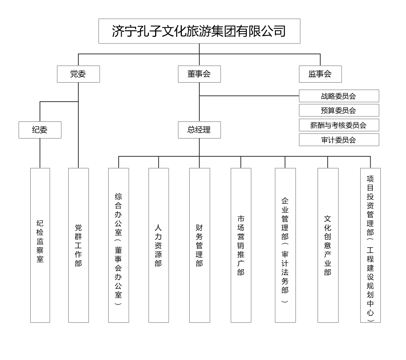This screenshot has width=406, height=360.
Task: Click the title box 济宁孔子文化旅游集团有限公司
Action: (199, 31)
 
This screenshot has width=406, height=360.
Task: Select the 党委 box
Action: (78, 74)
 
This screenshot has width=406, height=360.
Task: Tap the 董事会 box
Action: (199, 74)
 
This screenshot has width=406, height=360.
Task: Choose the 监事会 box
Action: (320, 74)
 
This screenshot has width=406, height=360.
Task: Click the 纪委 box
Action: (40, 130)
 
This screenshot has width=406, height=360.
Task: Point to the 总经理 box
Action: (199, 130)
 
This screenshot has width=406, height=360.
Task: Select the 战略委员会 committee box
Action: (339, 96)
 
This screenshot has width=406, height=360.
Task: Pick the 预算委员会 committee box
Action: (339, 110)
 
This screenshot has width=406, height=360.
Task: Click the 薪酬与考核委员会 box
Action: (339, 125)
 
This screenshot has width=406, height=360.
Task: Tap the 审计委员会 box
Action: (339, 140)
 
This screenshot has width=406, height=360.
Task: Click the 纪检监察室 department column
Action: (40, 245)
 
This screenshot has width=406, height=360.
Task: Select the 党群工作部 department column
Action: (78, 245)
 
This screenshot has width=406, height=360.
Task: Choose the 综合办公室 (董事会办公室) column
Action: (119, 245)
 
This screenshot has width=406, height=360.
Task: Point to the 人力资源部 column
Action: (159, 245)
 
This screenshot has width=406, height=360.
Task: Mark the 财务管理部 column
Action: (200, 245)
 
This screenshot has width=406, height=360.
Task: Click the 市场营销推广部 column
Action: (241, 245)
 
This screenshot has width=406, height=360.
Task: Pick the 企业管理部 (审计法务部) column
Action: (285, 245)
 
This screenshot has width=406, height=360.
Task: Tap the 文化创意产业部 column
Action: (328, 245)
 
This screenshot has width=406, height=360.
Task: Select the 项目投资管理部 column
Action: (371, 245)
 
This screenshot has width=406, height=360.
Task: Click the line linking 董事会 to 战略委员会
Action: (249, 96)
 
